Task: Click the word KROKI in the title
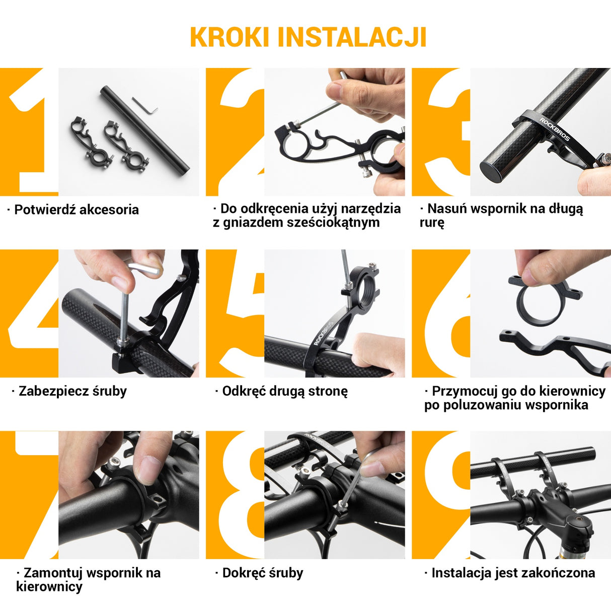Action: click(230, 37)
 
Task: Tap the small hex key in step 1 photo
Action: click(145, 105)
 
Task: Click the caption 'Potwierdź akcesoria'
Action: click(76, 210)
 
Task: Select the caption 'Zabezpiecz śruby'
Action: click(72, 391)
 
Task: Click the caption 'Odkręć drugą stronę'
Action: click(285, 391)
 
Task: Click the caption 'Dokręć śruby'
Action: click(262, 573)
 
